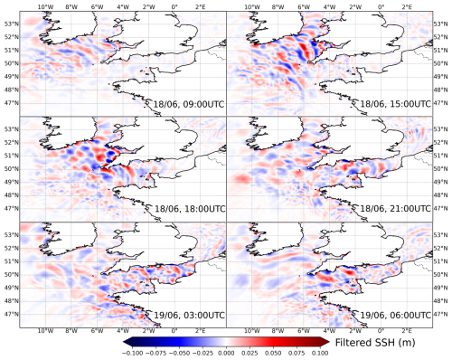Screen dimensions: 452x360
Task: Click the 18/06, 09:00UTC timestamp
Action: pos(189,104)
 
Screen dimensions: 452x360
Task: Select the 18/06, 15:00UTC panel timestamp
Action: pos(396,104)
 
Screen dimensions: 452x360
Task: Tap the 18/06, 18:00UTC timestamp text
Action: pos(190,209)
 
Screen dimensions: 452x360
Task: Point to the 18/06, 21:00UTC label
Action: pos(396,208)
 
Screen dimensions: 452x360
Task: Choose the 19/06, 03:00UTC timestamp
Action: pos(189,315)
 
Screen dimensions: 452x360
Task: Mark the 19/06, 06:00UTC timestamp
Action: pos(396,315)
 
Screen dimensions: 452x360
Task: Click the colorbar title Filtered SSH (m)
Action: pos(375,343)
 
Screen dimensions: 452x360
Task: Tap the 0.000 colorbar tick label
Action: pos(226,354)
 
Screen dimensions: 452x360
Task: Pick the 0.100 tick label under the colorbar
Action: pos(320,354)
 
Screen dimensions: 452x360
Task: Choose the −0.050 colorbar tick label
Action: pos(180,354)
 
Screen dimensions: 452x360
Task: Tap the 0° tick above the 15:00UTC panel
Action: pos(381,7)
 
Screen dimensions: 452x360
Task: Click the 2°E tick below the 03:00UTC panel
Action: pos(200,331)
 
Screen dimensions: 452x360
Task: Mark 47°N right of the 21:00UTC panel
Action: pos(439,208)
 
